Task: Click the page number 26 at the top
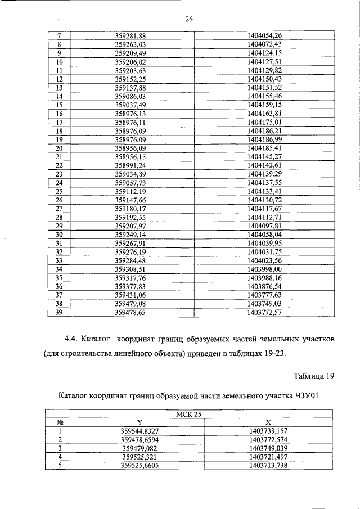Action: (x=189, y=20)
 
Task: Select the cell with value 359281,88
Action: (x=130, y=36)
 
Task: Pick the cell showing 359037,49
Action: (x=130, y=105)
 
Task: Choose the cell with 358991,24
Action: (x=130, y=165)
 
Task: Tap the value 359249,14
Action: (x=130, y=234)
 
